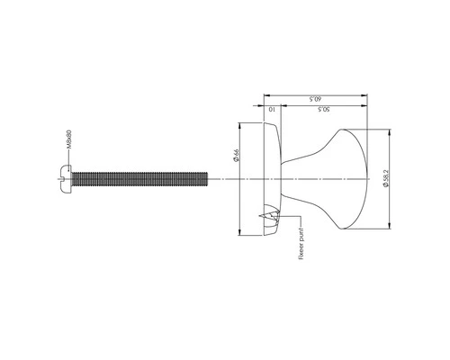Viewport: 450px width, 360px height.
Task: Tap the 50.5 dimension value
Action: tap(325, 110)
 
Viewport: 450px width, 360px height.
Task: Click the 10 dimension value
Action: tap(273, 110)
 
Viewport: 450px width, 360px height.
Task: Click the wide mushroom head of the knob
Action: tap(351, 177)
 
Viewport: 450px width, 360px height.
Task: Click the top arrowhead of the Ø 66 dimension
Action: tap(239, 126)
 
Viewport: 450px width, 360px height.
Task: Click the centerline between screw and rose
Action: tap(225, 177)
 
